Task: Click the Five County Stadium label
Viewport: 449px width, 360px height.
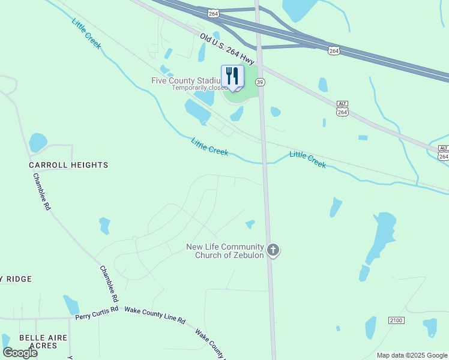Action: click(x=186, y=80)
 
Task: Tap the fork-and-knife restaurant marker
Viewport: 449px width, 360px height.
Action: click(x=232, y=76)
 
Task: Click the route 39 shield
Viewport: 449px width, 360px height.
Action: click(x=260, y=82)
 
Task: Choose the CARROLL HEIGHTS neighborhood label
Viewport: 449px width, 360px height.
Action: click(x=68, y=165)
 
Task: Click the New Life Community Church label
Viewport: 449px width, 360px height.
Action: click(x=225, y=251)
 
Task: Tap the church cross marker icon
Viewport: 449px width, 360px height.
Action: click(x=273, y=250)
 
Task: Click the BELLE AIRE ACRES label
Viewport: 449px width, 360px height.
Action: click(x=46, y=341)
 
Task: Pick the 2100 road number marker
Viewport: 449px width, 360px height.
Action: click(x=397, y=320)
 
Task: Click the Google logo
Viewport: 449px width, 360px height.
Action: click(x=20, y=353)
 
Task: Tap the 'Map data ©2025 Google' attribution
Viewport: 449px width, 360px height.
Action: click(x=412, y=355)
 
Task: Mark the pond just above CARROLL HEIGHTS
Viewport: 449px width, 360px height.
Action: click(x=37, y=142)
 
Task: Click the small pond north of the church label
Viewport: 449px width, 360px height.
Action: click(x=250, y=224)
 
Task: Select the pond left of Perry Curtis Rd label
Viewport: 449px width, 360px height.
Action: click(x=71, y=304)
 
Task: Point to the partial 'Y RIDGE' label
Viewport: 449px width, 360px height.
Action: click(x=16, y=280)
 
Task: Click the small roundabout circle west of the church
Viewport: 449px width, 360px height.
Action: click(x=135, y=239)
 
